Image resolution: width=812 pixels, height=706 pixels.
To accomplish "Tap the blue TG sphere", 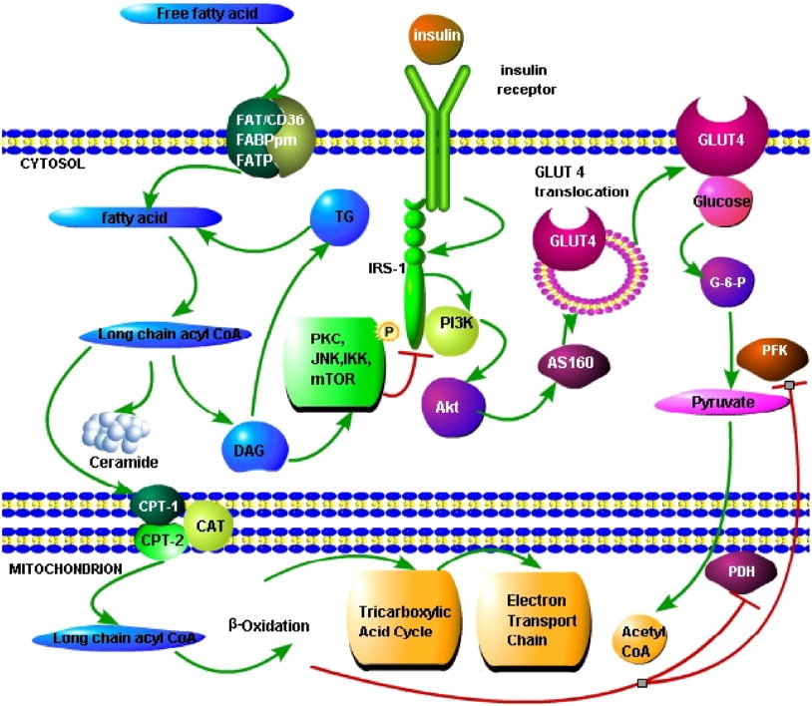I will tap(340, 212).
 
